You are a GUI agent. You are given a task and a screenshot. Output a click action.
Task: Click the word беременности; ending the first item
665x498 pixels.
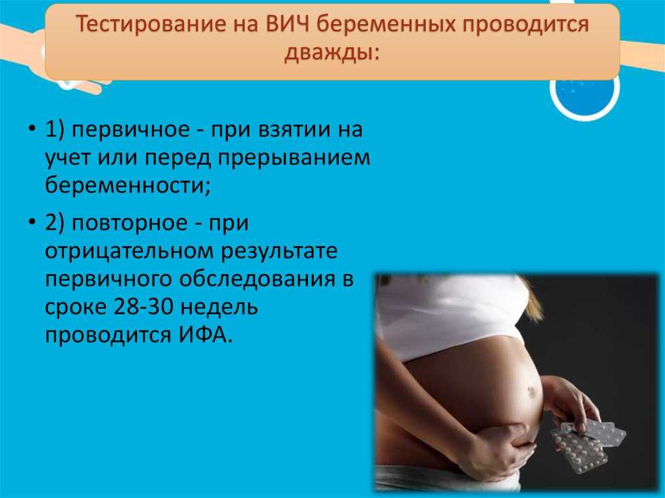click(x=128, y=186)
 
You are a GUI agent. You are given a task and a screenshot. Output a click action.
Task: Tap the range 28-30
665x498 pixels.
click(x=144, y=306)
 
